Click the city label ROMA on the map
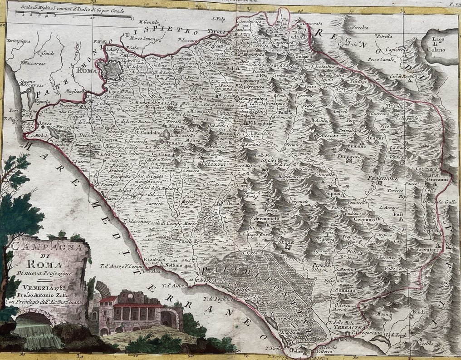[85, 71]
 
